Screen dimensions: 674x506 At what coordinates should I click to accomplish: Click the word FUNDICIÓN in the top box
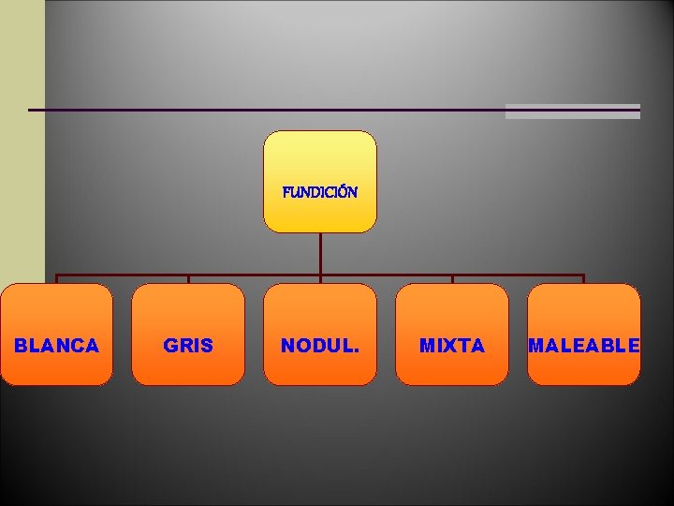pos(320,192)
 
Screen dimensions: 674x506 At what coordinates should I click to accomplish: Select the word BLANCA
pos(57,346)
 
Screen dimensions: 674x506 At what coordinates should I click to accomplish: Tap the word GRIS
pos(188,346)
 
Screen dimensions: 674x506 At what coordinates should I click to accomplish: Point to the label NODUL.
pos(320,346)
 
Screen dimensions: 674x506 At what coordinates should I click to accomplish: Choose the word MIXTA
pos(452,346)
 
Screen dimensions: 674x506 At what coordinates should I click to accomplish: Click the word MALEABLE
pos(584,346)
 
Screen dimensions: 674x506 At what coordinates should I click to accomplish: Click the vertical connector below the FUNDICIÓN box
pos(320,253)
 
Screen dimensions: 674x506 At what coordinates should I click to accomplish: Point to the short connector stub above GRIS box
pos(188,278)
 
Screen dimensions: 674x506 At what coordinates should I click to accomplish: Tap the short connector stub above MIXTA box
pos(452,278)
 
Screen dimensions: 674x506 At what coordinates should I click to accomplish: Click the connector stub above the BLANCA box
pos(57,278)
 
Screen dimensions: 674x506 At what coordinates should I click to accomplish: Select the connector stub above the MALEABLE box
pos(584,278)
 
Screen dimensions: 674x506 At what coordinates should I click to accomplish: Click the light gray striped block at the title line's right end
pos(573,112)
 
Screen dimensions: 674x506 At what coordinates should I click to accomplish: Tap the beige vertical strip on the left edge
pos(22,141)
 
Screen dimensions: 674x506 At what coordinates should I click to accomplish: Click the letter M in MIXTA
pos(427,346)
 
